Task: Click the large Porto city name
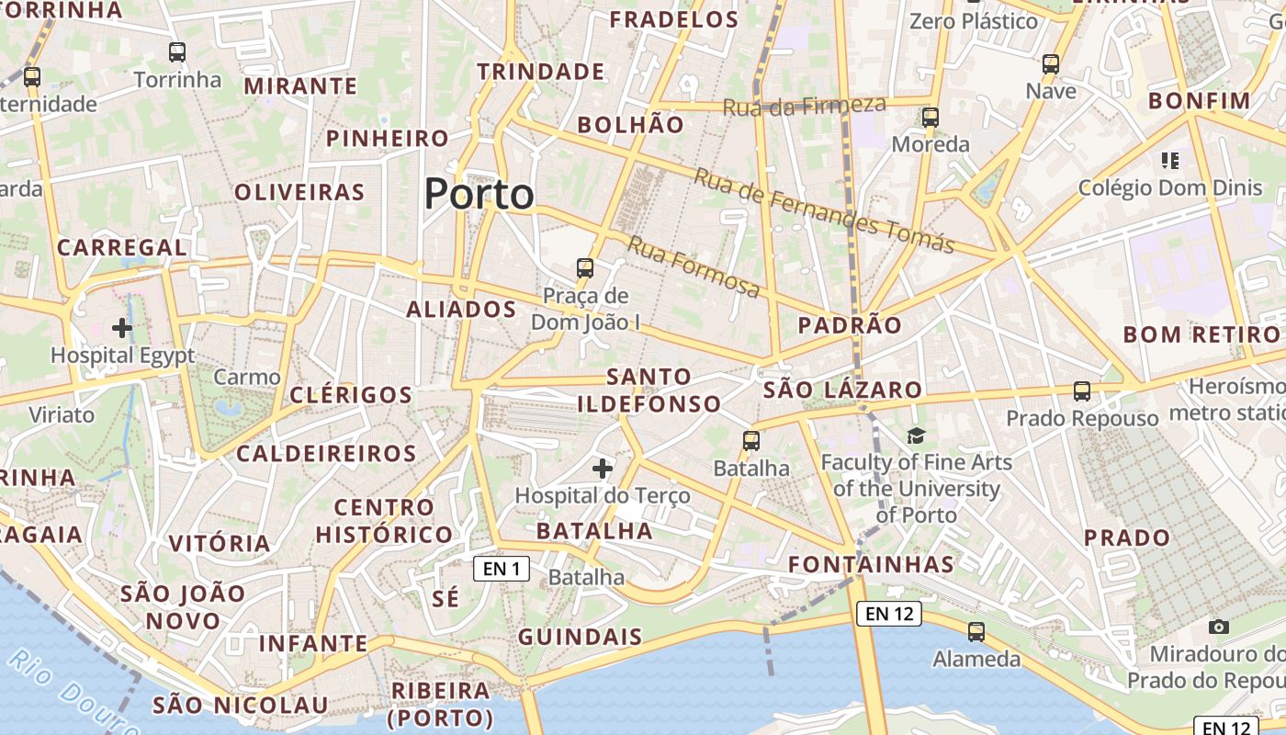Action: tap(479, 194)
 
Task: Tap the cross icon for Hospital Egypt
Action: tap(122, 327)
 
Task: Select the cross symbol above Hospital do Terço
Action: tap(603, 469)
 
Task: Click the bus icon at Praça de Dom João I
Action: tap(585, 268)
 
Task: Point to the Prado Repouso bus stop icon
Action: tap(1082, 391)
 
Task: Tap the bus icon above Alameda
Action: tap(976, 632)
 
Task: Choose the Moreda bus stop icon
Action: tap(931, 118)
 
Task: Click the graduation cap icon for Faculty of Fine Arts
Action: tap(916, 435)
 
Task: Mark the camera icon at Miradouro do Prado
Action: tap(1219, 627)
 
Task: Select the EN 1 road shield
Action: tap(502, 569)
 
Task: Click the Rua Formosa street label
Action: tap(694, 267)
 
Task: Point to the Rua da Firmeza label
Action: tap(805, 106)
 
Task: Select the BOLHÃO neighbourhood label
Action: tap(631, 125)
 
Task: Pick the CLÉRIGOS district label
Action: tap(351, 395)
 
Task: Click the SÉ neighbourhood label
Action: tap(445, 599)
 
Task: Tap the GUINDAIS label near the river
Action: tap(581, 637)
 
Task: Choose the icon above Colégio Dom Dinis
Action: tap(1169, 161)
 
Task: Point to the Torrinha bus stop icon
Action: tap(177, 52)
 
